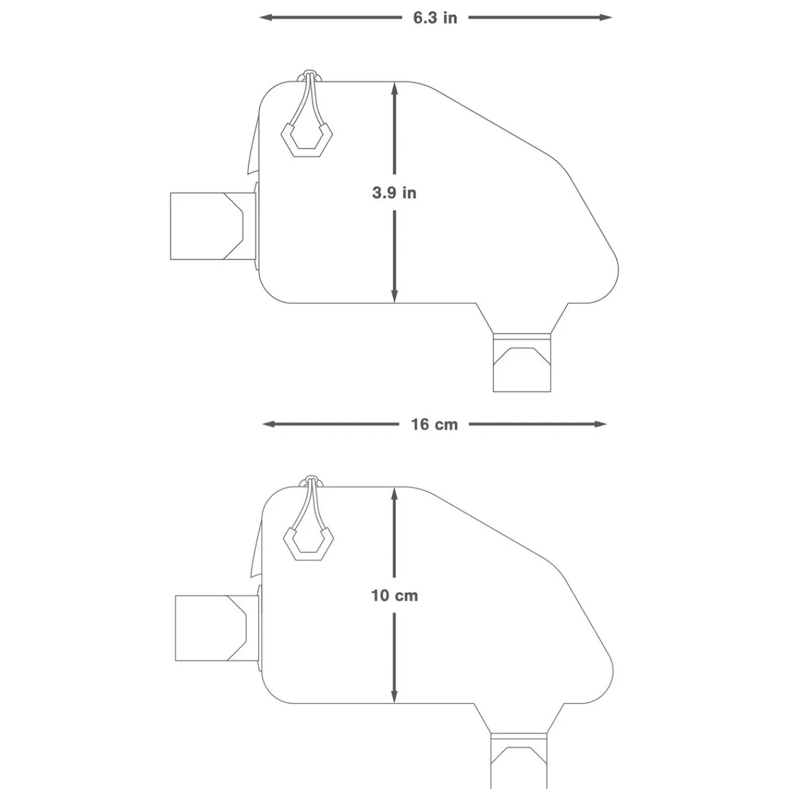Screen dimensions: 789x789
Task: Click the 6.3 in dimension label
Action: coord(435,17)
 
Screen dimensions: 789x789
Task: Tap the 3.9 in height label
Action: coord(394,193)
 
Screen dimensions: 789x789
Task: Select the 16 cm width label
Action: coord(435,424)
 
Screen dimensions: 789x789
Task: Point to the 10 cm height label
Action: coord(394,595)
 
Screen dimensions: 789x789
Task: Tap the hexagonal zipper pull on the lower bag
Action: coord(308,541)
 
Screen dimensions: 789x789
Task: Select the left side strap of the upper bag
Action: coord(213,226)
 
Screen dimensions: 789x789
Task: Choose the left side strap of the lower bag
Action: coord(216,628)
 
